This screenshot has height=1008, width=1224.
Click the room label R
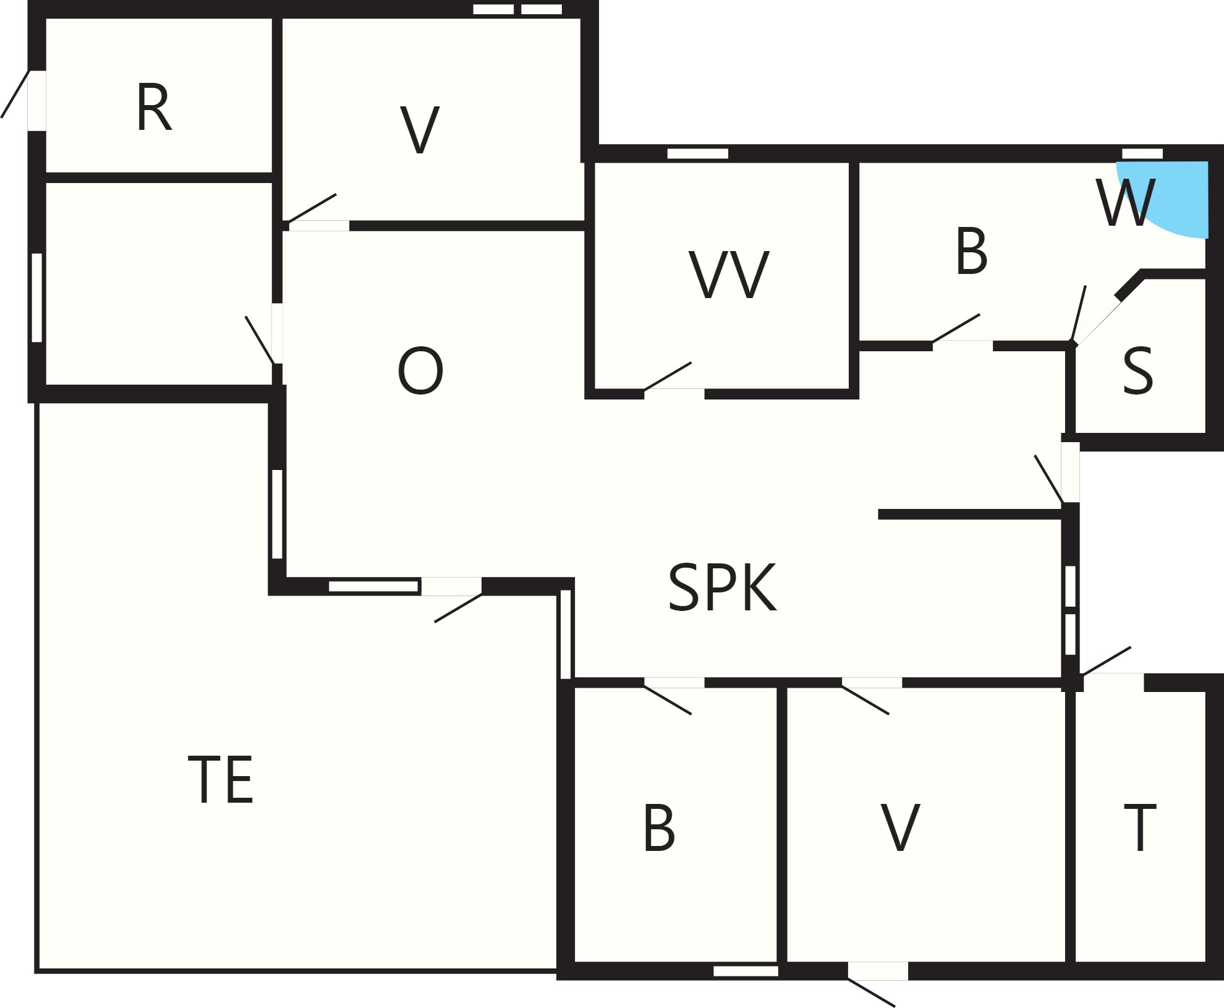[x=153, y=109]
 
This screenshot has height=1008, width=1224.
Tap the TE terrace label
[x=221, y=779]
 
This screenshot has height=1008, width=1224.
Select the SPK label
[x=722, y=587]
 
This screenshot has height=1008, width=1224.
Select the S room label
[x=1137, y=371]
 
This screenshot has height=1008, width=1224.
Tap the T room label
[x=1139, y=828]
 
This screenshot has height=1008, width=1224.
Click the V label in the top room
[x=420, y=130]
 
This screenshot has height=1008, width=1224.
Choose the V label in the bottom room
[x=900, y=828]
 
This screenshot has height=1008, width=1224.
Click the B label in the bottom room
[x=659, y=828]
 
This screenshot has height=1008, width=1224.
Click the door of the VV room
[x=668, y=377]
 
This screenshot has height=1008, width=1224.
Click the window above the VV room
[x=698, y=153]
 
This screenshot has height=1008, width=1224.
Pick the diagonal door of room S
[x=1098, y=322]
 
